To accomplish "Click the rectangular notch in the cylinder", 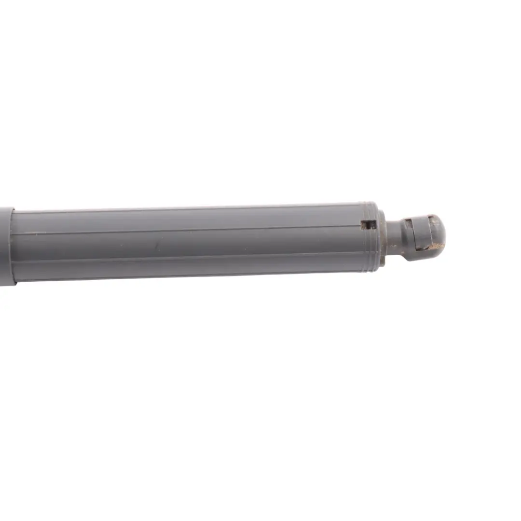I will [x=369, y=225].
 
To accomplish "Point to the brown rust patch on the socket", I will [x=437, y=247].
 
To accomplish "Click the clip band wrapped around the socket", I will [x=420, y=236].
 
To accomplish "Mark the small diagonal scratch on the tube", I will [x=156, y=246].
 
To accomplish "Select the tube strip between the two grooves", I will [x=193, y=243].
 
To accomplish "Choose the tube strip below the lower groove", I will [x=193, y=268].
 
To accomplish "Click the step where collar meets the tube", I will [x=14, y=246].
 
